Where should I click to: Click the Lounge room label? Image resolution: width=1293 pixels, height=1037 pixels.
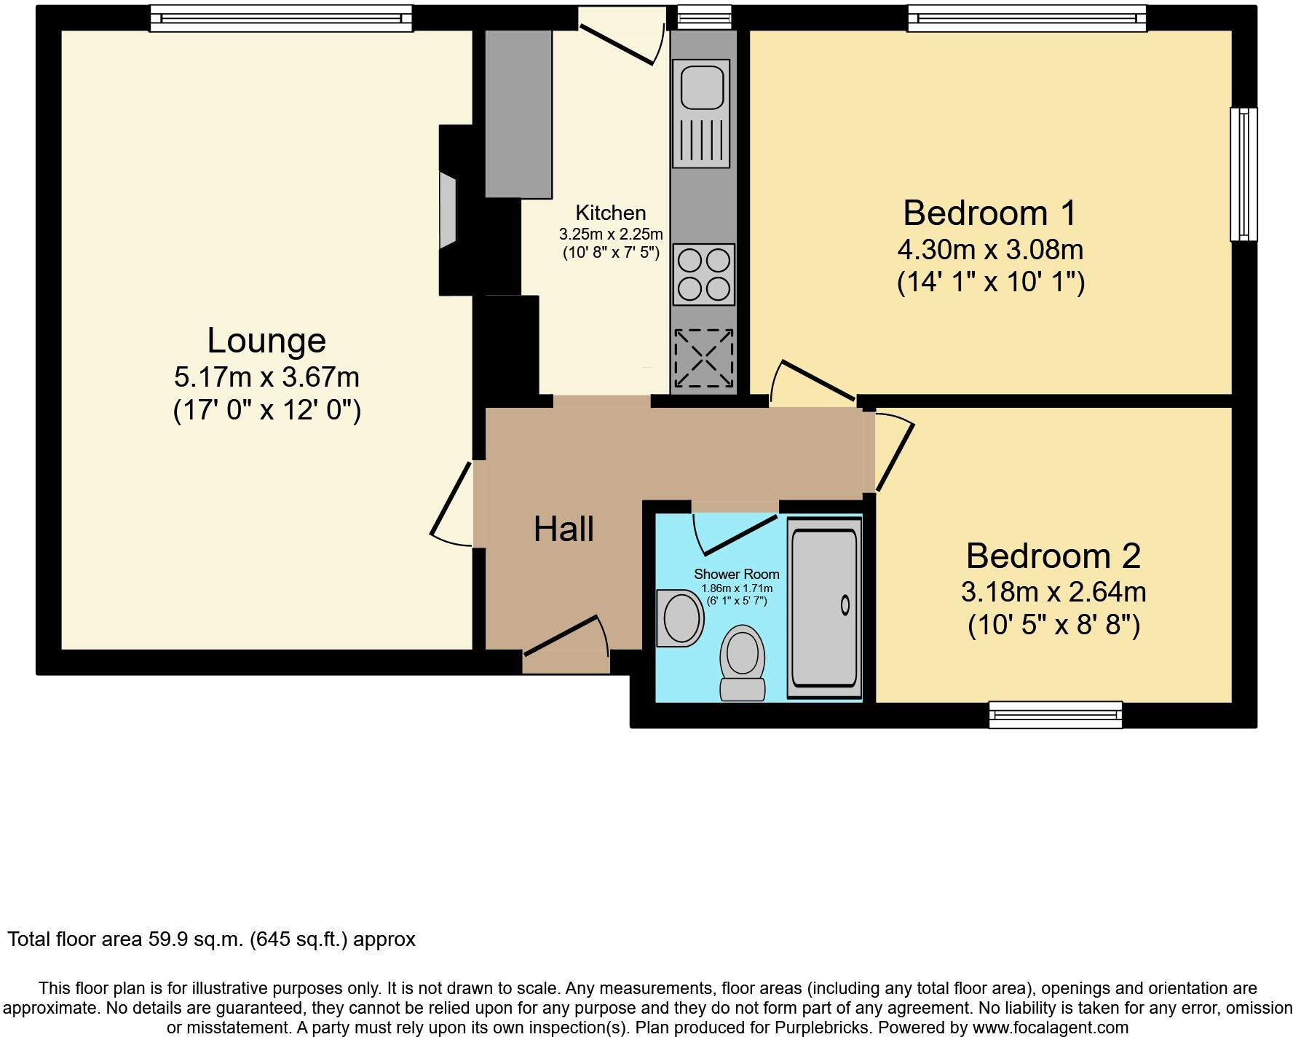(x=266, y=341)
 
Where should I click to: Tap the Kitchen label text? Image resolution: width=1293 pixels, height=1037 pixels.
(x=610, y=213)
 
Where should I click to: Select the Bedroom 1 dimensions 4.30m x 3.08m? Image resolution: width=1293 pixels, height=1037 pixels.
(x=990, y=250)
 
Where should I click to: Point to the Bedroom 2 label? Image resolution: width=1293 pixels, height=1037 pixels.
(x=1053, y=556)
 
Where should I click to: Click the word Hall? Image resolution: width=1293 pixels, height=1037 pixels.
(x=564, y=529)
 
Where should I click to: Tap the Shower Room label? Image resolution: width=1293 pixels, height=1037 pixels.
(x=736, y=574)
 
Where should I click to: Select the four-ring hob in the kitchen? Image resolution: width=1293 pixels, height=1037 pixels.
(x=703, y=275)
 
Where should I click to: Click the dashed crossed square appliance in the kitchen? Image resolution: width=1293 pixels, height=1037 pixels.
(x=703, y=358)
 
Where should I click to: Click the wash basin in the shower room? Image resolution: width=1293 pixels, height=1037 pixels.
(x=680, y=618)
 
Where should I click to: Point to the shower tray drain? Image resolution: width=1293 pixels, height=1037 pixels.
(x=845, y=604)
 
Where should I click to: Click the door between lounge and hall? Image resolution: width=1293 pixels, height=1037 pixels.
(x=451, y=502)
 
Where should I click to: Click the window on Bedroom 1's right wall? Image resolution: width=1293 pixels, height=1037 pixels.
(x=1243, y=174)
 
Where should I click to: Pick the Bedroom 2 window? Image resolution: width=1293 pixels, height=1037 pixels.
(x=1055, y=714)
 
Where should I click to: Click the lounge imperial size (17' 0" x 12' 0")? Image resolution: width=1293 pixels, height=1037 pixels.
(x=266, y=411)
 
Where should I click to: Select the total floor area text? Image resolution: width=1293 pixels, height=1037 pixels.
(x=211, y=939)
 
